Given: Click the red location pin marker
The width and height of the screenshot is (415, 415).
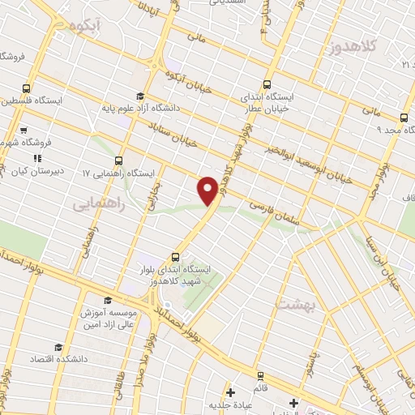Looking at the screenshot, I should pyautogui.click(x=208, y=190).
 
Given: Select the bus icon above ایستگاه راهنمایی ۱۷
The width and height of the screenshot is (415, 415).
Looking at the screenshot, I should pyautogui.click(x=120, y=160).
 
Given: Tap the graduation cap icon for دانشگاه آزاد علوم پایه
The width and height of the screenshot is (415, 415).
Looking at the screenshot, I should pyautogui.click(x=140, y=96).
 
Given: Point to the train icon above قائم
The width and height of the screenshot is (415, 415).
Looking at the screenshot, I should pyautogui.click(x=259, y=376).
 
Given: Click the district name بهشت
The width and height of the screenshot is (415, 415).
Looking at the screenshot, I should pyautogui.click(x=291, y=304).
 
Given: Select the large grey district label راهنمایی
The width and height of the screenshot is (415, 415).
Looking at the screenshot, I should pyautogui.click(x=98, y=204).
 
